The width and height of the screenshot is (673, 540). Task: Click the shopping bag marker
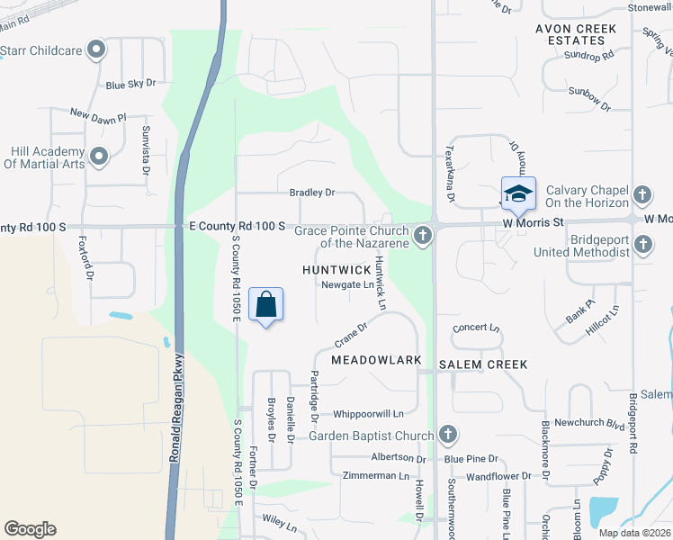266,305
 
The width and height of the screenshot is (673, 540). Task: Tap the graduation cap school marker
517,193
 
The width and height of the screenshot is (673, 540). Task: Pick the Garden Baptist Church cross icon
447,436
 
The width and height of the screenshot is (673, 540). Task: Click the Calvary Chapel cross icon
642,194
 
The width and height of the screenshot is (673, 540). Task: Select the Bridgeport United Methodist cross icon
642,244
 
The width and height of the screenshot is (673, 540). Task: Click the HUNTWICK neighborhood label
336,269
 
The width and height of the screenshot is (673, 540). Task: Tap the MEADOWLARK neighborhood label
376,360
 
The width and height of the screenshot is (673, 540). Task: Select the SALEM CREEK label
483,364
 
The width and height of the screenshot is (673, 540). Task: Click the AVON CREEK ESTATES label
576,35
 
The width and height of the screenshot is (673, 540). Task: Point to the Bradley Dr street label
311,193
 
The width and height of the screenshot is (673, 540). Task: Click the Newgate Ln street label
347,285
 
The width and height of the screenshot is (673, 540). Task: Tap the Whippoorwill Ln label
368,414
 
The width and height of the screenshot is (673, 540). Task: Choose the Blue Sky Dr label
130,84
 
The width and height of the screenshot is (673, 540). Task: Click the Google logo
30,529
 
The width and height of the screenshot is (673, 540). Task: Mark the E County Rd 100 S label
238,225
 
